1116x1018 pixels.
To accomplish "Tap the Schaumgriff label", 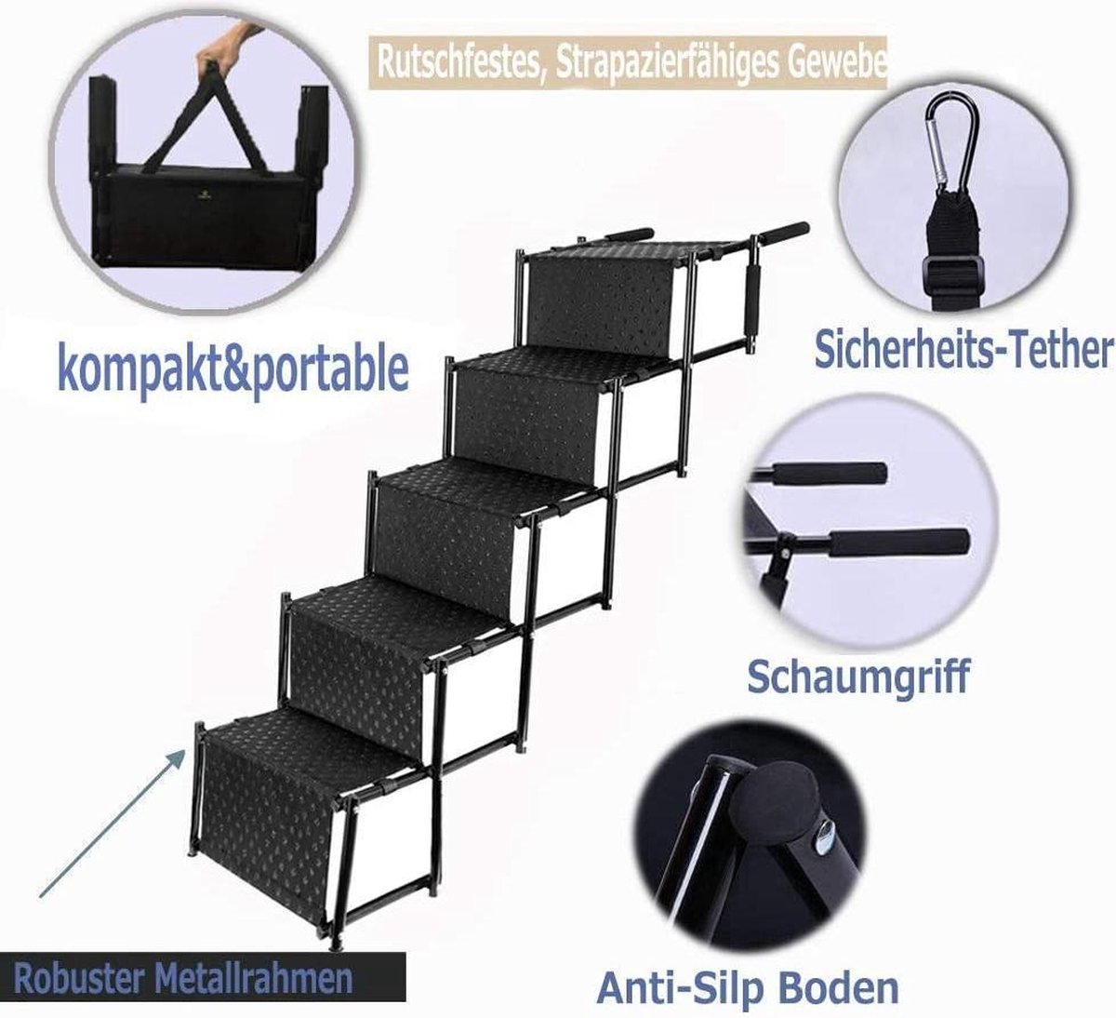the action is [858, 676].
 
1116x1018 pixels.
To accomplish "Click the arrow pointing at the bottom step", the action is [112, 824].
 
